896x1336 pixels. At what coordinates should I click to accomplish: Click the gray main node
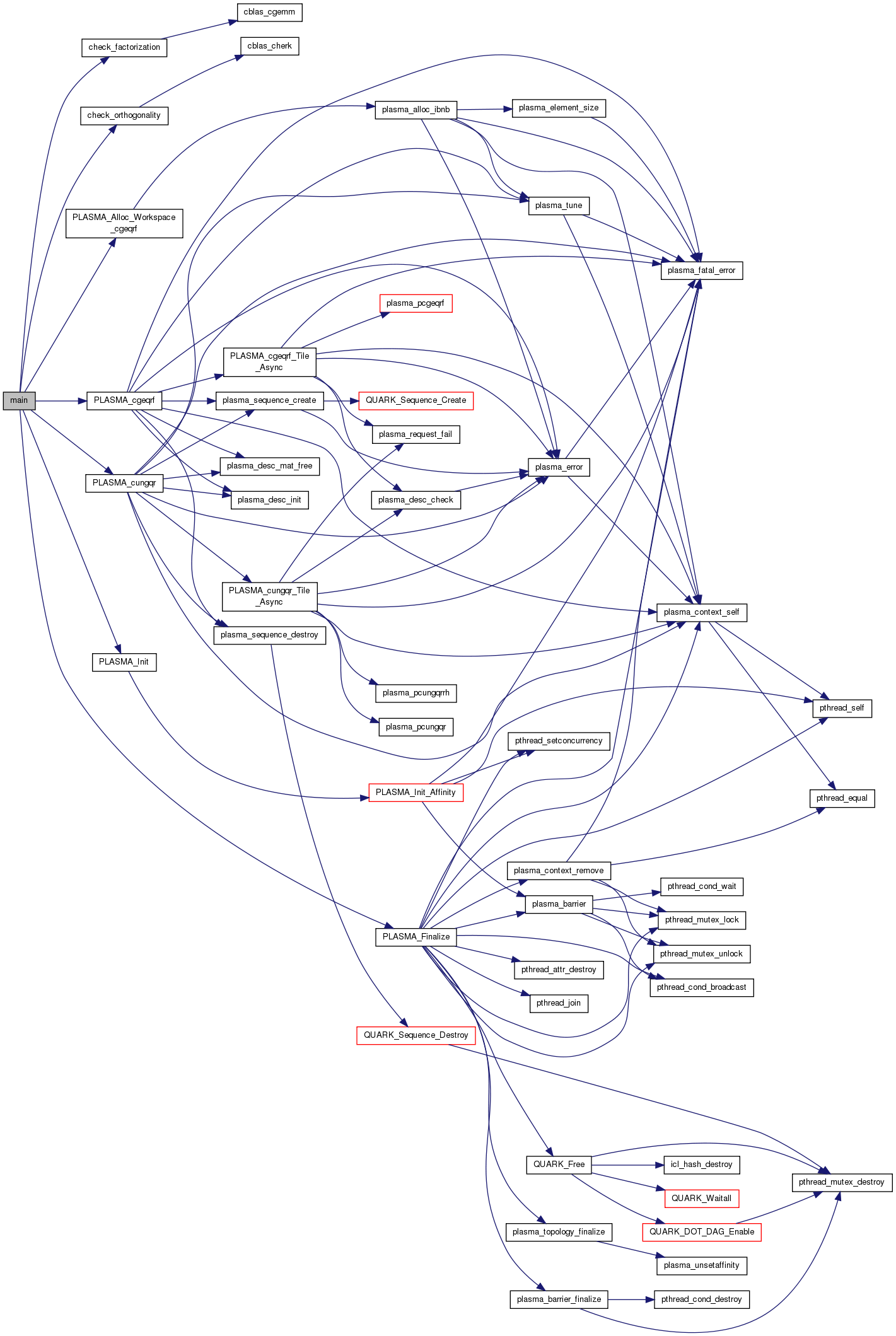point(19,400)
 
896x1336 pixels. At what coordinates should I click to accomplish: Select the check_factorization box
point(124,47)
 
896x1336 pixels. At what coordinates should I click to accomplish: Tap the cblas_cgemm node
point(269,12)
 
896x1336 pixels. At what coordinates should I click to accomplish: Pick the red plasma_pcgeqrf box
point(416,303)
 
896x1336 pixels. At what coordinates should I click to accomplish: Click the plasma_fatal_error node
point(701,270)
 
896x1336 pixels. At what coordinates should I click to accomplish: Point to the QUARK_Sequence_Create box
point(416,400)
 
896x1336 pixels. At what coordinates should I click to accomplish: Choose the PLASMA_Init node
point(124,662)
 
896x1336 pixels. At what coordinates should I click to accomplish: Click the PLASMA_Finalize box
point(416,937)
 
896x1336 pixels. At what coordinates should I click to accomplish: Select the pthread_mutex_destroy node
point(841,1182)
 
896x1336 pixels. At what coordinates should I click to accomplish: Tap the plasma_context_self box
point(701,612)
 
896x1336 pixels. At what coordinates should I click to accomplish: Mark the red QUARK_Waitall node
point(701,1199)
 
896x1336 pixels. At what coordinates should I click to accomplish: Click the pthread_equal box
point(842,798)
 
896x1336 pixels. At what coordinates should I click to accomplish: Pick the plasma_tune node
point(559,206)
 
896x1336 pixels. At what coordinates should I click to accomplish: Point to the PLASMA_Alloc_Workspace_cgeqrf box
point(124,223)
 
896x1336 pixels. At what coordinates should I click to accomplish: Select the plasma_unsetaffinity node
point(701,1265)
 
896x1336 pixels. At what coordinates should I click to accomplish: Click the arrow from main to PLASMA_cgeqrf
point(61,400)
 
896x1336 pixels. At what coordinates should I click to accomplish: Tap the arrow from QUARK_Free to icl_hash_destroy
point(627,1165)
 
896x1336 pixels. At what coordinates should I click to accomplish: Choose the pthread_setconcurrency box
point(559,741)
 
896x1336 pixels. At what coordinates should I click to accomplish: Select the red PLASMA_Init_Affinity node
point(416,793)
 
